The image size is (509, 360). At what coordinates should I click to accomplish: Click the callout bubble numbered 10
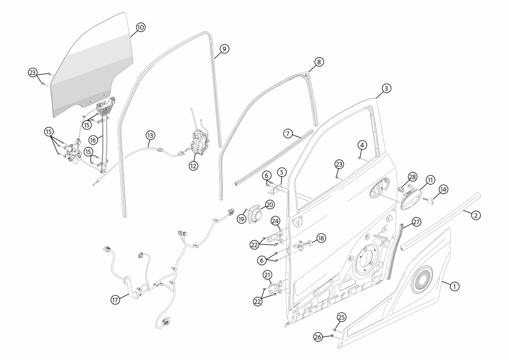140,27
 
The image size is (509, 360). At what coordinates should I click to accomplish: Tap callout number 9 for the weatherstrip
224,49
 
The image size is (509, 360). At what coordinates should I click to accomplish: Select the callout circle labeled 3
386,88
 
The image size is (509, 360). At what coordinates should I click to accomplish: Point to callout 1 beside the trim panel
454,286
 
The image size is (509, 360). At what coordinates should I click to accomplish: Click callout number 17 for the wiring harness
115,299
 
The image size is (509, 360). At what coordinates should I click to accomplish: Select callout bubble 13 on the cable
150,135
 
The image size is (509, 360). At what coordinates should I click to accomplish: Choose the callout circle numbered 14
443,189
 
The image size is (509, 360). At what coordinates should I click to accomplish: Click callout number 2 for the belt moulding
475,215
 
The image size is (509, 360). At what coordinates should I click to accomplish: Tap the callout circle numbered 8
319,62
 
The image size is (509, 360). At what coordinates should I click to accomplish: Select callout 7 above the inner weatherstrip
288,134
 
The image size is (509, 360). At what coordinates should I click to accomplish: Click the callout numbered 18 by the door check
321,238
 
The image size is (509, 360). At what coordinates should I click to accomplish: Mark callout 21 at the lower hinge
268,275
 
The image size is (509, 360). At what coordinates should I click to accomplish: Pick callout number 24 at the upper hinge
275,221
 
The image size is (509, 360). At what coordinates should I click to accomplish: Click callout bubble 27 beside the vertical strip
416,222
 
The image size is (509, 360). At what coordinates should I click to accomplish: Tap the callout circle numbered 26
318,337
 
